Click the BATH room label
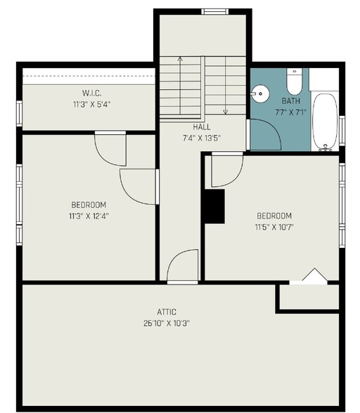tap(291, 100)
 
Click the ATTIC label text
tap(167, 312)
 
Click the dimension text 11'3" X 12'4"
tap(89, 216)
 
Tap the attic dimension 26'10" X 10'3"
tap(167, 323)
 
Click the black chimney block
tap(214, 206)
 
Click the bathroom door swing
tap(261, 133)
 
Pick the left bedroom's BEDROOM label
tap(89, 205)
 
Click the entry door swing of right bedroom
tap(226, 166)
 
